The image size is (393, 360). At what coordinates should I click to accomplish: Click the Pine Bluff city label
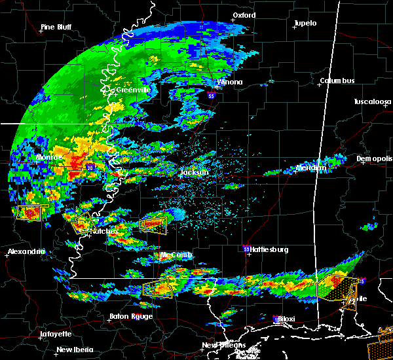[56, 27]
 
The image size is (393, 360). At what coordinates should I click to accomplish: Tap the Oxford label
[244, 15]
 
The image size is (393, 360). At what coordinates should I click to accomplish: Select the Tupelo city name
[305, 23]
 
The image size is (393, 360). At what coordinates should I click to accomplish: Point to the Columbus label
[337, 81]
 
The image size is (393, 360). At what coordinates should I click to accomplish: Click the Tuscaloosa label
[373, 102]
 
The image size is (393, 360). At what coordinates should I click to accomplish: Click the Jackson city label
[194, 173]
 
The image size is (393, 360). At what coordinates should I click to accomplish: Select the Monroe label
[50, 158]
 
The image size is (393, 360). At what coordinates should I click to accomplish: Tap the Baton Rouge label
[131, 317]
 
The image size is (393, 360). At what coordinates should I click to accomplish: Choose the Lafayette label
[56, 334]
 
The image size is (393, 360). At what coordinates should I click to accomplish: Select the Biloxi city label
[287, 319]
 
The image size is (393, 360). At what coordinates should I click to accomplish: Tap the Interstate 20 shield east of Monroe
[89, 168]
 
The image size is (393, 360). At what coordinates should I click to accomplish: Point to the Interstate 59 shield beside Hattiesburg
[246, 249]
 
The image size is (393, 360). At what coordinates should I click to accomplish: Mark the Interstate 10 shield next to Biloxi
[275, 319]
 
